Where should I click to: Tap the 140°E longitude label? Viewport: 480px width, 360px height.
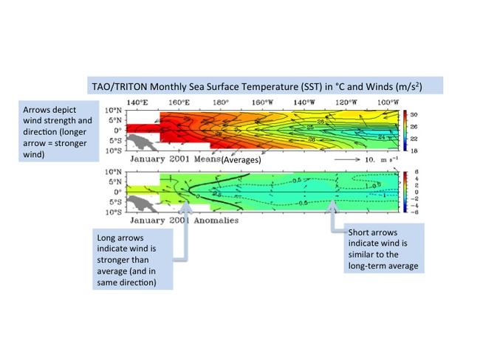pos(137,102)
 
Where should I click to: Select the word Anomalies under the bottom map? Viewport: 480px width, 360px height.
pos(211,220)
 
